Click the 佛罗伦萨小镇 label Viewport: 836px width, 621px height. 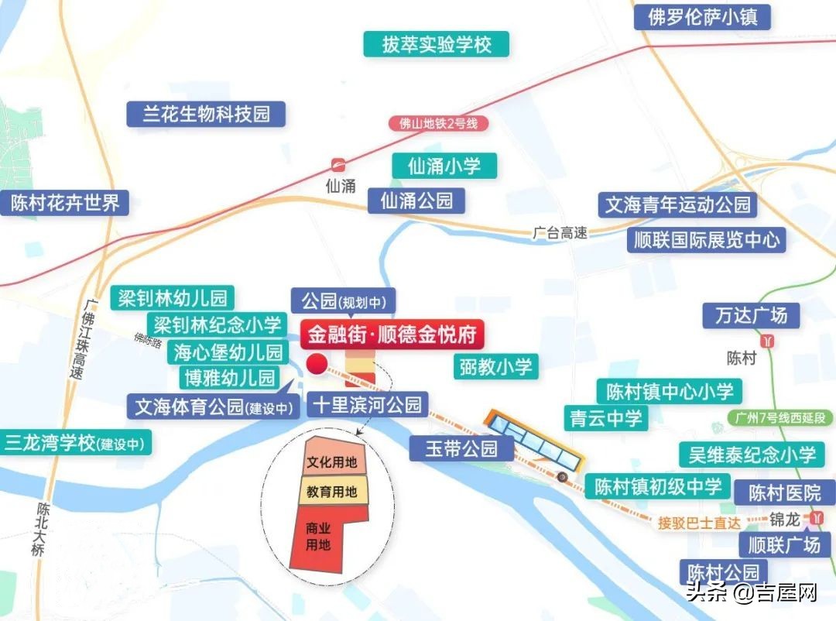pos(703,16)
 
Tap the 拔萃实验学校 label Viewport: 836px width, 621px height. pos(437,43)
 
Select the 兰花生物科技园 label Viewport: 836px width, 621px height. pos(207,114)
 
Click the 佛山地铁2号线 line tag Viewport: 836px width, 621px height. pos(439,123)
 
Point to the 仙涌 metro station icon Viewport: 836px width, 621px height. pos(338,165)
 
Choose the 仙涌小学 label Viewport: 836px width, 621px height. pos(444,165)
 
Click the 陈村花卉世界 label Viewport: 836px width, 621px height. pos(65,203)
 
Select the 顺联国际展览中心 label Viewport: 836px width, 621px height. pos(707,238)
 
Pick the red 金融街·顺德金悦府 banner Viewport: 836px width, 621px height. pos(393,335)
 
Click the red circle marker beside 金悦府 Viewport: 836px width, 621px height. pos(317,365)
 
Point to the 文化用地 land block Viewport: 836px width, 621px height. pos(331,462)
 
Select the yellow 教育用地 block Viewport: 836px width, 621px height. pos(331,490)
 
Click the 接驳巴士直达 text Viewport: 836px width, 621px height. pos(699,523)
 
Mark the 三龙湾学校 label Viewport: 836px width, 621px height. pos(77,444)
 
